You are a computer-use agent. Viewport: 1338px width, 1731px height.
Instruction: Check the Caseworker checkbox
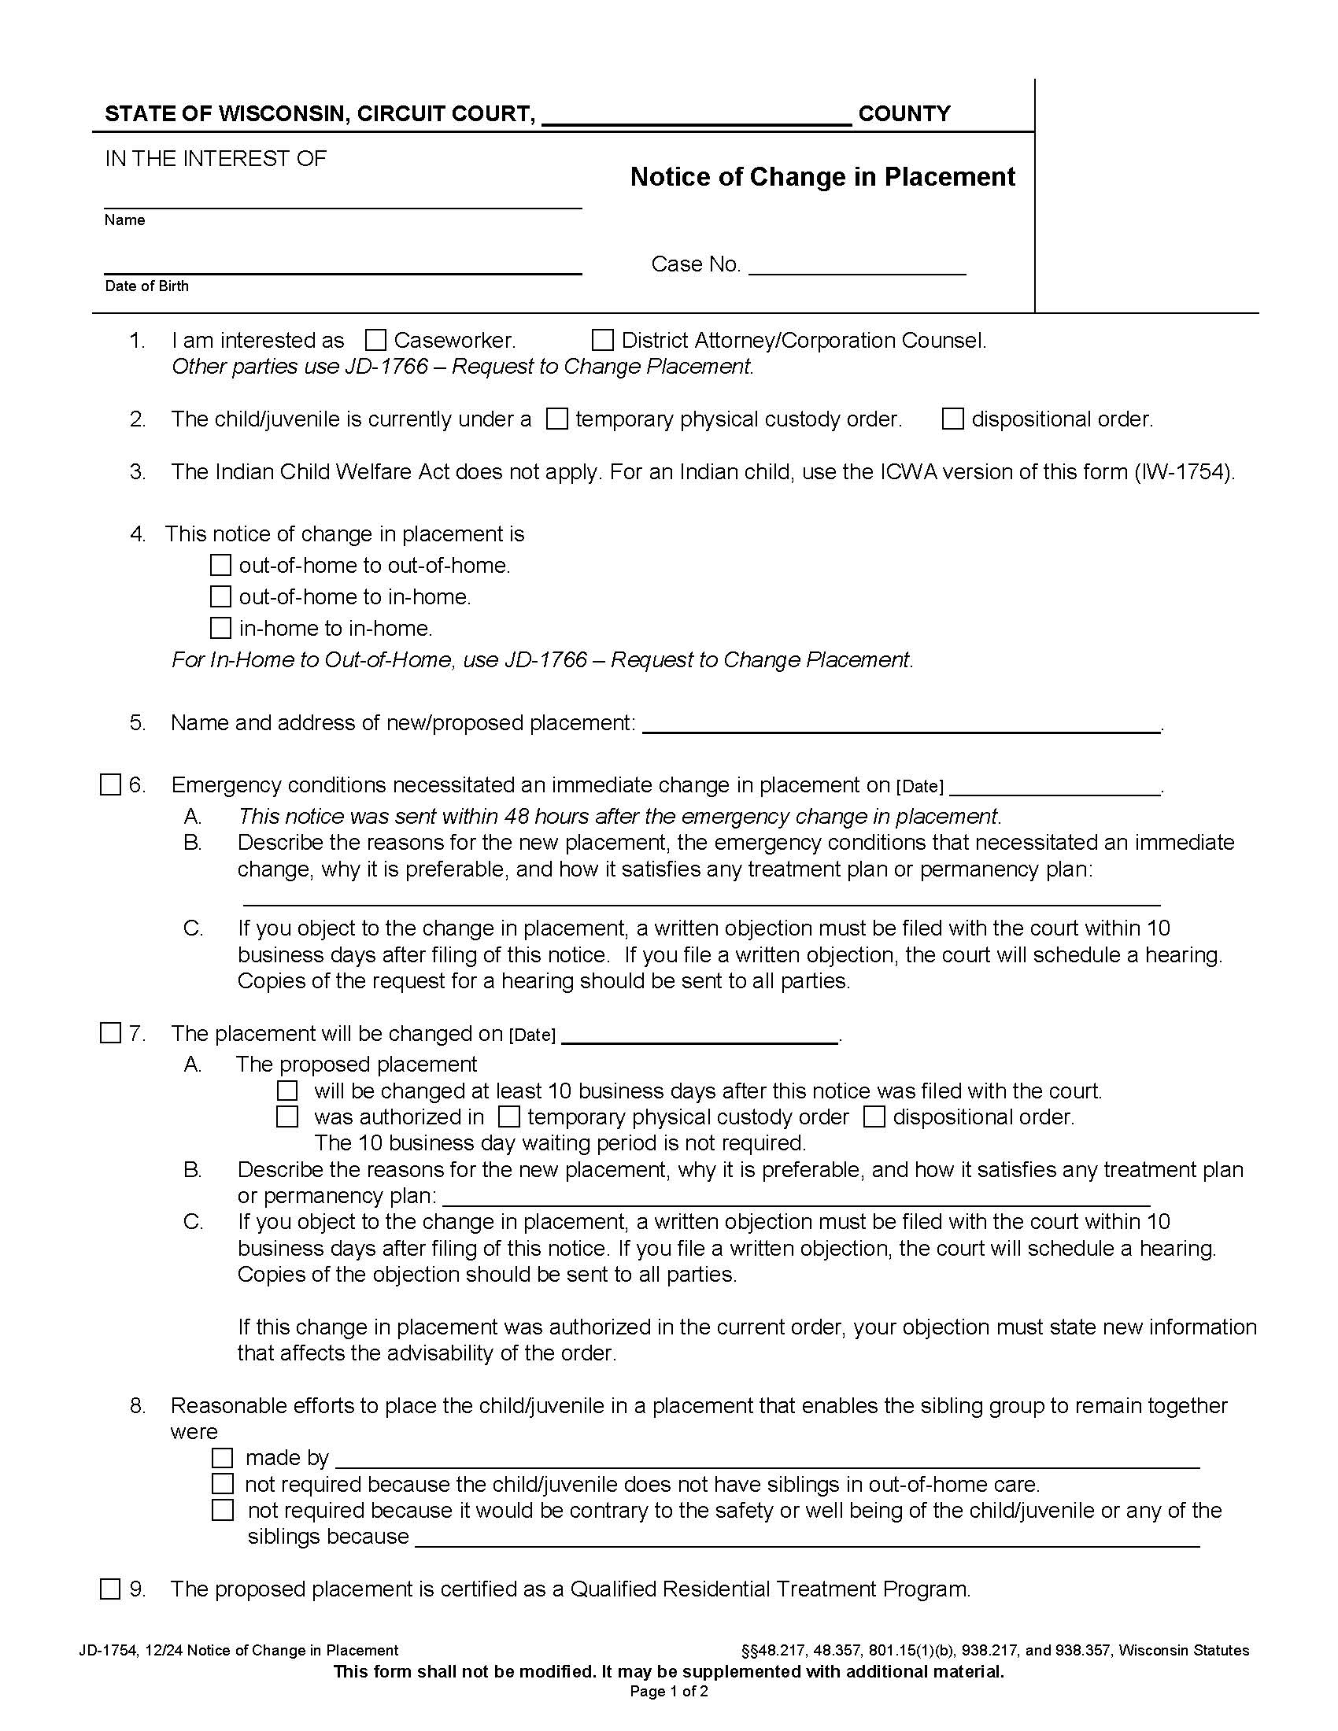[x=375, y=341]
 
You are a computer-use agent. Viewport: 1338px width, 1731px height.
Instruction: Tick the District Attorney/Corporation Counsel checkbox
[x=602, y=341]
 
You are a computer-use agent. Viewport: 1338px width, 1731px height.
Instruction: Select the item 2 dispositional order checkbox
[x=952, y=419]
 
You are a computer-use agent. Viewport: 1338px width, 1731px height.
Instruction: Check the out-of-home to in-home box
[x=220, y=597]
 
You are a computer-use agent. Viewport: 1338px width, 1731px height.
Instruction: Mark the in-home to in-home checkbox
[x=220, y=629]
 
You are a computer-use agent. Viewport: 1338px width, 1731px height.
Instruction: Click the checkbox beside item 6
[x=110, y=785]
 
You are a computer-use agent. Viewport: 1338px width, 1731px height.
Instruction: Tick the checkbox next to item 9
[x=110, y=1589]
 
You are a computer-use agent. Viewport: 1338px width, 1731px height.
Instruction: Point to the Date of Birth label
[x=146, y=286]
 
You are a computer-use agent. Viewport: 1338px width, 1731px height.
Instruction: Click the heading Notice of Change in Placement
[x=822, y=177]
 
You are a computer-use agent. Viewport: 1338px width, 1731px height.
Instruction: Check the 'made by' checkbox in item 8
[x=223, y=1458]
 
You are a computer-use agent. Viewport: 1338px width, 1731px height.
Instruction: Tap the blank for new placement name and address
[x=900, y=725]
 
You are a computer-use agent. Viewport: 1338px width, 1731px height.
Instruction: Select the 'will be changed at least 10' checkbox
[x=287, y=1091]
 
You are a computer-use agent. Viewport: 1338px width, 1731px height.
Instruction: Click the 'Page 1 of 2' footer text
[x=668, y=1692]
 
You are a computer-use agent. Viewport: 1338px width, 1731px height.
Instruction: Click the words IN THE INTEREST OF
[x=215, y=159]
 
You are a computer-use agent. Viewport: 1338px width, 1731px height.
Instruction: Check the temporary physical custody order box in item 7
[x=508, y=1117]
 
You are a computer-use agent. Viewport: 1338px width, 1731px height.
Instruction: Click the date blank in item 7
[x=699, y=1036]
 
